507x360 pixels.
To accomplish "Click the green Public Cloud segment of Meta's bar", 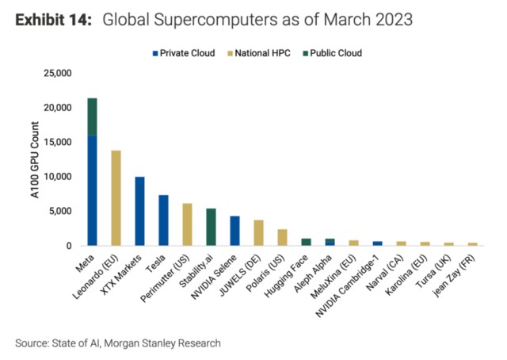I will coord(92,117).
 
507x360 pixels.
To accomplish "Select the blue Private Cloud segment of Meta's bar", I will coord(92,190).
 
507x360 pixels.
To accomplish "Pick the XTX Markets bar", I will coord(139,211).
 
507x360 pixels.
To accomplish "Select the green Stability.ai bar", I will coord(211,227).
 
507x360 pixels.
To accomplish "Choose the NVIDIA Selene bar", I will coord(234,231).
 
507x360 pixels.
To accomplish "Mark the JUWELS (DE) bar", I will coord(258,233).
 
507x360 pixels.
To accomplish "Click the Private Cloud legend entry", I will coord(184,53).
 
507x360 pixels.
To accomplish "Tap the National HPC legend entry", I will coord(258,53).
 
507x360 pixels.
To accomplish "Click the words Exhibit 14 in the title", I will coord(51,18).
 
